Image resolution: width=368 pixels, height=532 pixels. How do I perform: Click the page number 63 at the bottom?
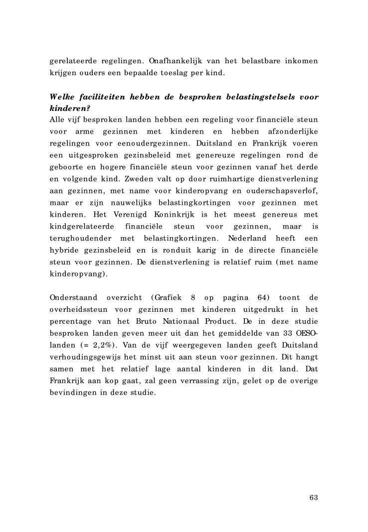(314, 497)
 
